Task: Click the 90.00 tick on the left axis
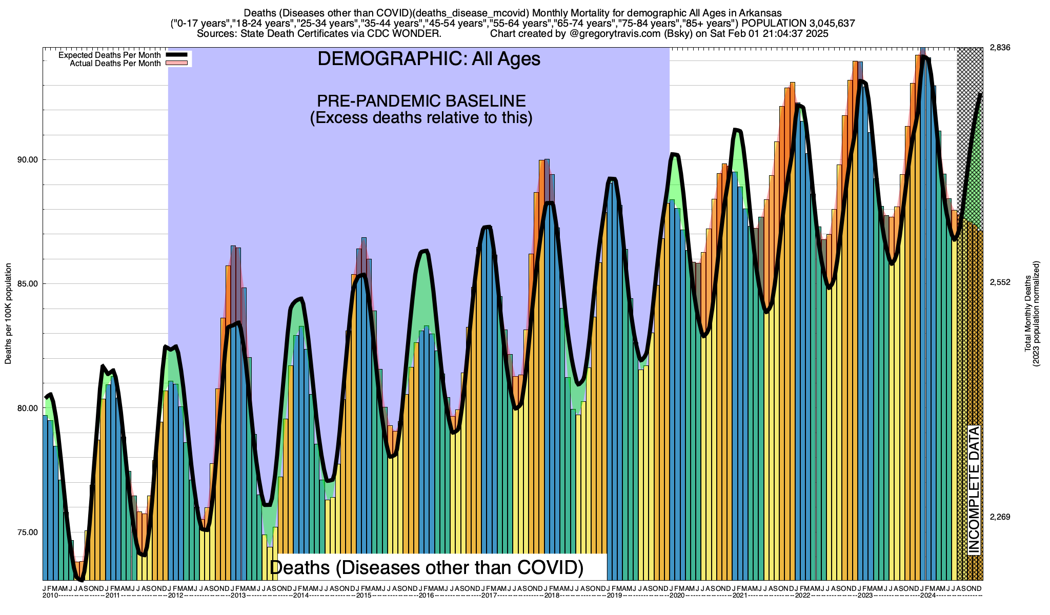click(28, 160)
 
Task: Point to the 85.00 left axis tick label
click(28, 284)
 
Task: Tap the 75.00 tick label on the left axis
click(28, 532)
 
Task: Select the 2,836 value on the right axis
click(1000, 48)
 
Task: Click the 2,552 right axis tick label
click(1000, 282)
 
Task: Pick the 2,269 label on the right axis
click(1000, 517)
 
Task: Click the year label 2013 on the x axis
click(238, 596)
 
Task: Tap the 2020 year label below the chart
click(677, 596)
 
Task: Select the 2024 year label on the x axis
click(927, 596)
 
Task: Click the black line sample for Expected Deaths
click(177, 55)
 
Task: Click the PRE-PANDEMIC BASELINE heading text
click(421, 100)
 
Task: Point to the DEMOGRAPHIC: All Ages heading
click(429, 59)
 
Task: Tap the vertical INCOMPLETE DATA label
click(974, 489)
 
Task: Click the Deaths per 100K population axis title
click(8, 314)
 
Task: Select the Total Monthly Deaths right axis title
click(1032, 314)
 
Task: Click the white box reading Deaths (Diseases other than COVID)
click(427, 567)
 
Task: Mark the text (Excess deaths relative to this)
click(421, 118)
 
